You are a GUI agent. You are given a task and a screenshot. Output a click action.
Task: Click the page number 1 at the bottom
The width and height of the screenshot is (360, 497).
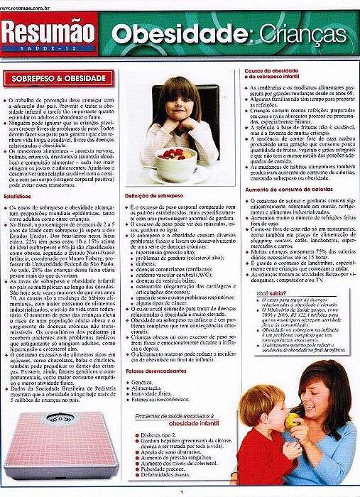coord(182,492)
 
